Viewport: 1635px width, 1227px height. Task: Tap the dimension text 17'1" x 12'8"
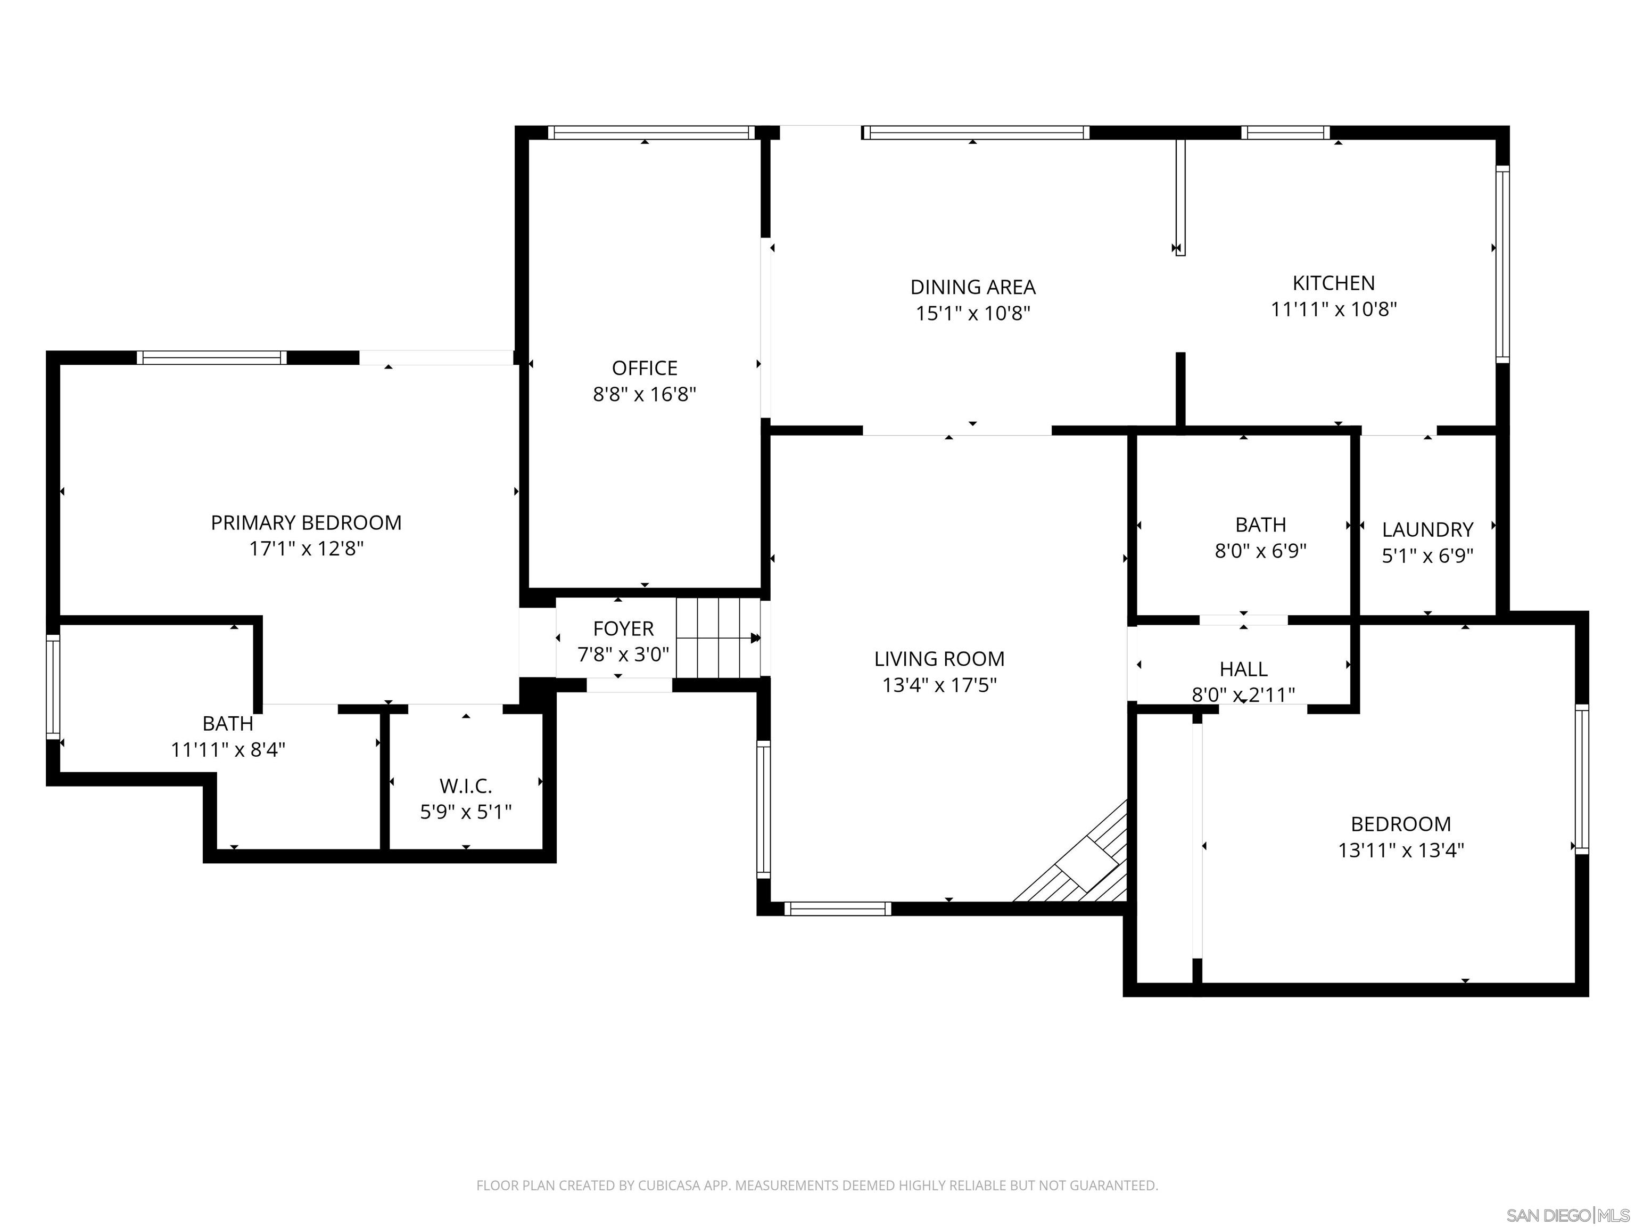(x=306, y=549)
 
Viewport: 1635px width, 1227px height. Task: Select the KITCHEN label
(x=1333, y=283)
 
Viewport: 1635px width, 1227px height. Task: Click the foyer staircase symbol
(x=718, y=637)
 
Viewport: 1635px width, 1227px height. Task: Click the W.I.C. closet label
(x=465, y=786)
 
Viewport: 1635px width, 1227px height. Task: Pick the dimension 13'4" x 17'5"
(x=939, y=685)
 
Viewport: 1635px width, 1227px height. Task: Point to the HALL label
(x=1243, y=668)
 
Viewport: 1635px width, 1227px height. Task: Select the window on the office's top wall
(x=650, y=133)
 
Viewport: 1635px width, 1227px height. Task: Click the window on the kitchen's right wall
(x=1501, y=264)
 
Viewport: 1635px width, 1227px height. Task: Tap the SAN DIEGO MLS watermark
(x=1567, y=1215)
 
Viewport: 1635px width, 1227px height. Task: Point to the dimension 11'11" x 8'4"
(x=228, y=750)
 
